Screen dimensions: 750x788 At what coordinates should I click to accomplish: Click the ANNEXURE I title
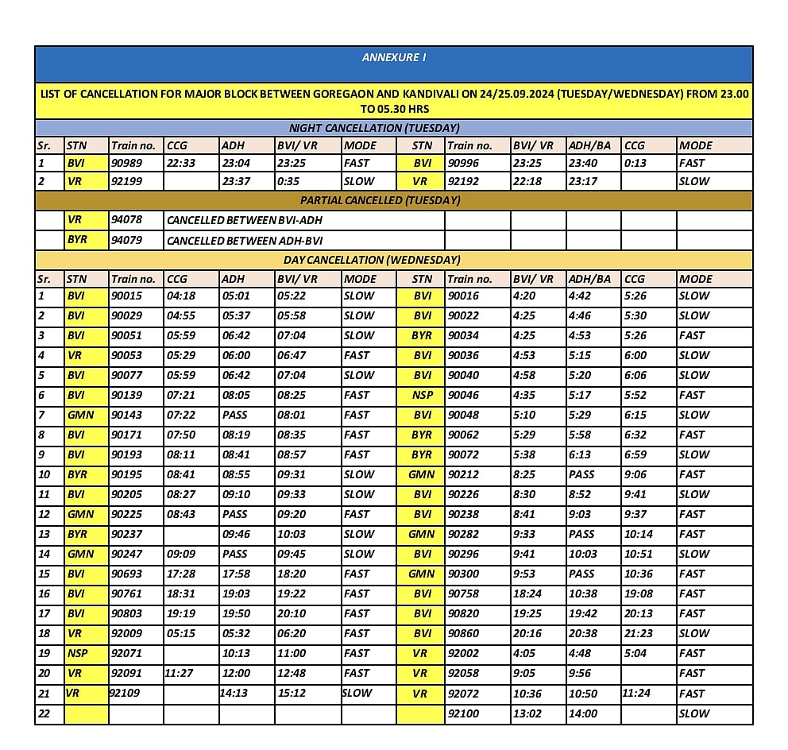[x=394, y=58]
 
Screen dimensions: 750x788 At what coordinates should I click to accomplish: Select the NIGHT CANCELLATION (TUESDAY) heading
[x=374, y=128]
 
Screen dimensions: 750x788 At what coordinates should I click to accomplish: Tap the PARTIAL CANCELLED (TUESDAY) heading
[x=380, y=200]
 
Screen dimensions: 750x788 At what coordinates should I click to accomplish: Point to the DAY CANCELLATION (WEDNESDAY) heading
[x=372, y=260]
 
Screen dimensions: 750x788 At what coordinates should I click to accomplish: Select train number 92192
[x=465, y=181]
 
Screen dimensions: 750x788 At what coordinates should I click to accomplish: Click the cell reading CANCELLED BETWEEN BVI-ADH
[x=245, y=220]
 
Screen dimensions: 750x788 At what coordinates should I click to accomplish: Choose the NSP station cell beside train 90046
[x=422, y=395]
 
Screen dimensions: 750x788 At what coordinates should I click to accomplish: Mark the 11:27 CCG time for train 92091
[x=180, y=673]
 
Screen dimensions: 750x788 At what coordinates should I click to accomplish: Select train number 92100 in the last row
[x=465, y=713]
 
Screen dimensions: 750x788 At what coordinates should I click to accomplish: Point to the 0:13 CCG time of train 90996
[x=635, y=163]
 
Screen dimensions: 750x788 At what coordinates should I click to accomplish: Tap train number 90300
[x=465, y=574]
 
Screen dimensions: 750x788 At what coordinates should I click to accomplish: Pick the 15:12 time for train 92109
[x=292, y=693]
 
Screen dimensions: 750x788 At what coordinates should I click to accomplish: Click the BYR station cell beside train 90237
[x=77, y=534]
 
